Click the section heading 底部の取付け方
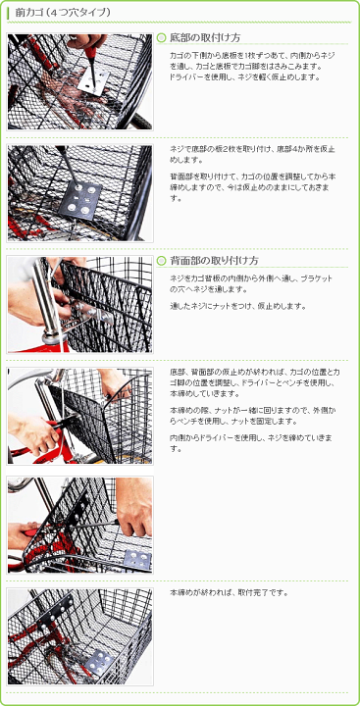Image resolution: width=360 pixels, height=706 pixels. point(205,37)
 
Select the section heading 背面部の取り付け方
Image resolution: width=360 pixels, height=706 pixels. point(214,261)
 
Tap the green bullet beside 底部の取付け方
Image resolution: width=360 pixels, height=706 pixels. point(162,37)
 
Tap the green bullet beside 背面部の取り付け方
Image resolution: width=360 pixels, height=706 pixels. point(162,261)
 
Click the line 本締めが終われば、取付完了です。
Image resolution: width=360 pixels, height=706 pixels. point(229,593)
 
